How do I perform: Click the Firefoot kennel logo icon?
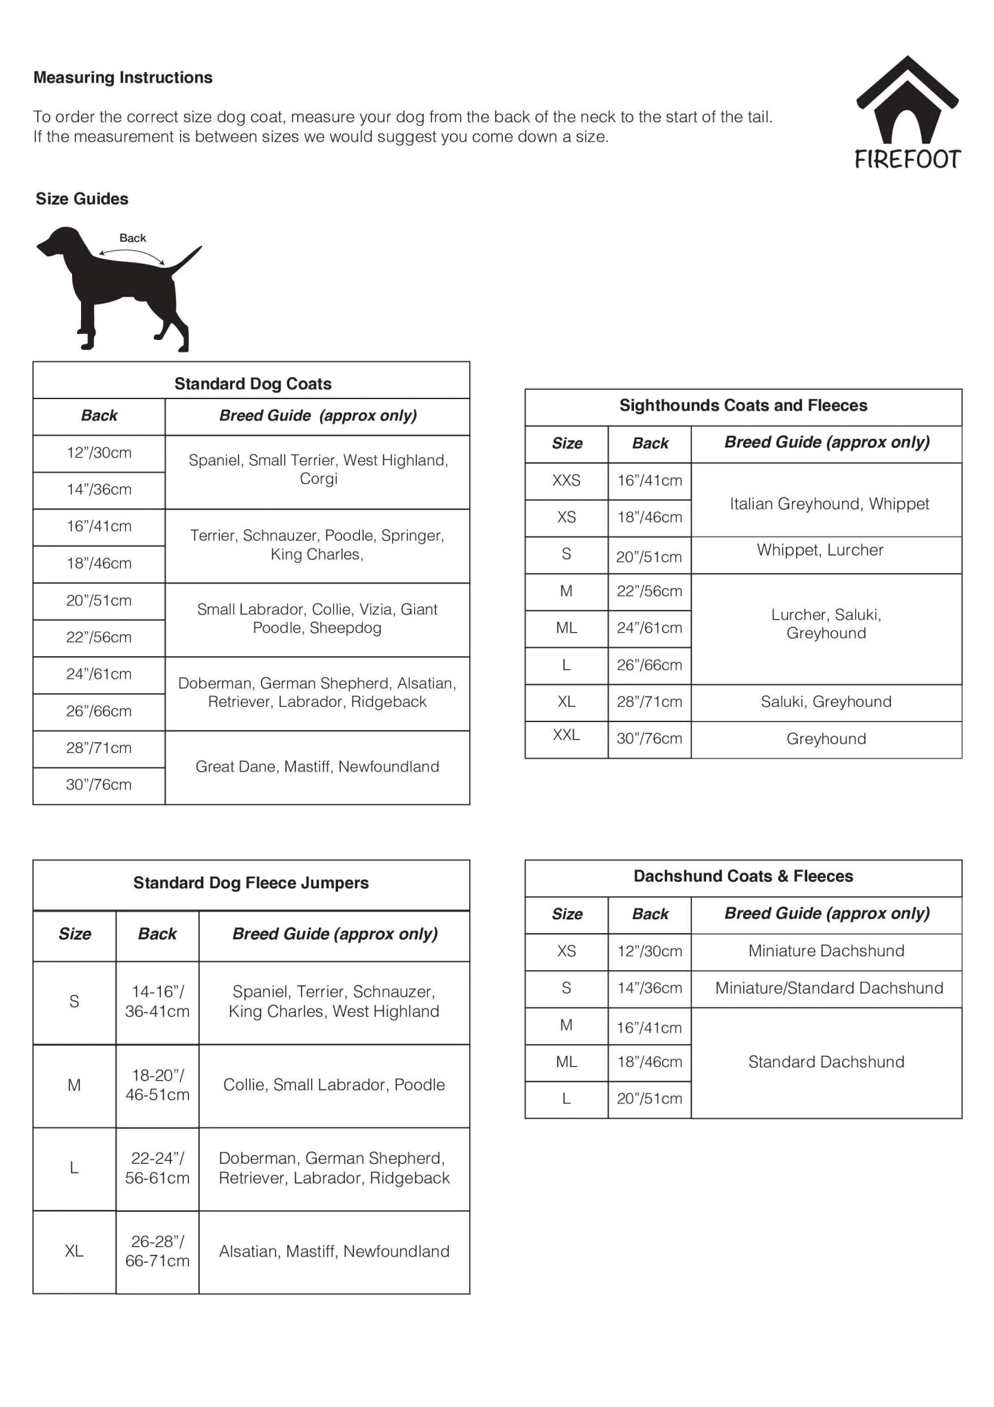pos(907,100)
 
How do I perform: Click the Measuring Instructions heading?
pos(123,78)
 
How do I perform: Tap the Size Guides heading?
pos(82,199)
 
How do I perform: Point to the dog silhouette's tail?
pos(187,259)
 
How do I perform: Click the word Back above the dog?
pos(133,238)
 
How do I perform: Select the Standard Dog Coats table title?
pos(252,383)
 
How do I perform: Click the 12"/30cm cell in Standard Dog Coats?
pos(99,453)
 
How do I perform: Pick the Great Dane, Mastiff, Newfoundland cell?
pos(317,767)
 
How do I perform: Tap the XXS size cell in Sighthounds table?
pos(566,481)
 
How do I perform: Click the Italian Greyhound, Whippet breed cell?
pos(828,504)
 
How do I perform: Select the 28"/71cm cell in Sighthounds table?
pos(649,702)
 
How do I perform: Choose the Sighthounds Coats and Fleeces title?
pos(743,405)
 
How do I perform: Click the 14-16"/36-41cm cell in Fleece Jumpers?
pos(157,1002)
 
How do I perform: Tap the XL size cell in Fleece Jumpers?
pos(74,1252)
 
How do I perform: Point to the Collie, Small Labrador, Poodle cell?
pos(334,1085)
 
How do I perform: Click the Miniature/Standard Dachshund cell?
pos(828,989)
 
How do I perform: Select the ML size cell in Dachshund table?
pos(566,1062)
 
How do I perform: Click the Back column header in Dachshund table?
pos(650,914)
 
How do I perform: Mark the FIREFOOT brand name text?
pos(907,159)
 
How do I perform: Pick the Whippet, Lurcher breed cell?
pos(820,550)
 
